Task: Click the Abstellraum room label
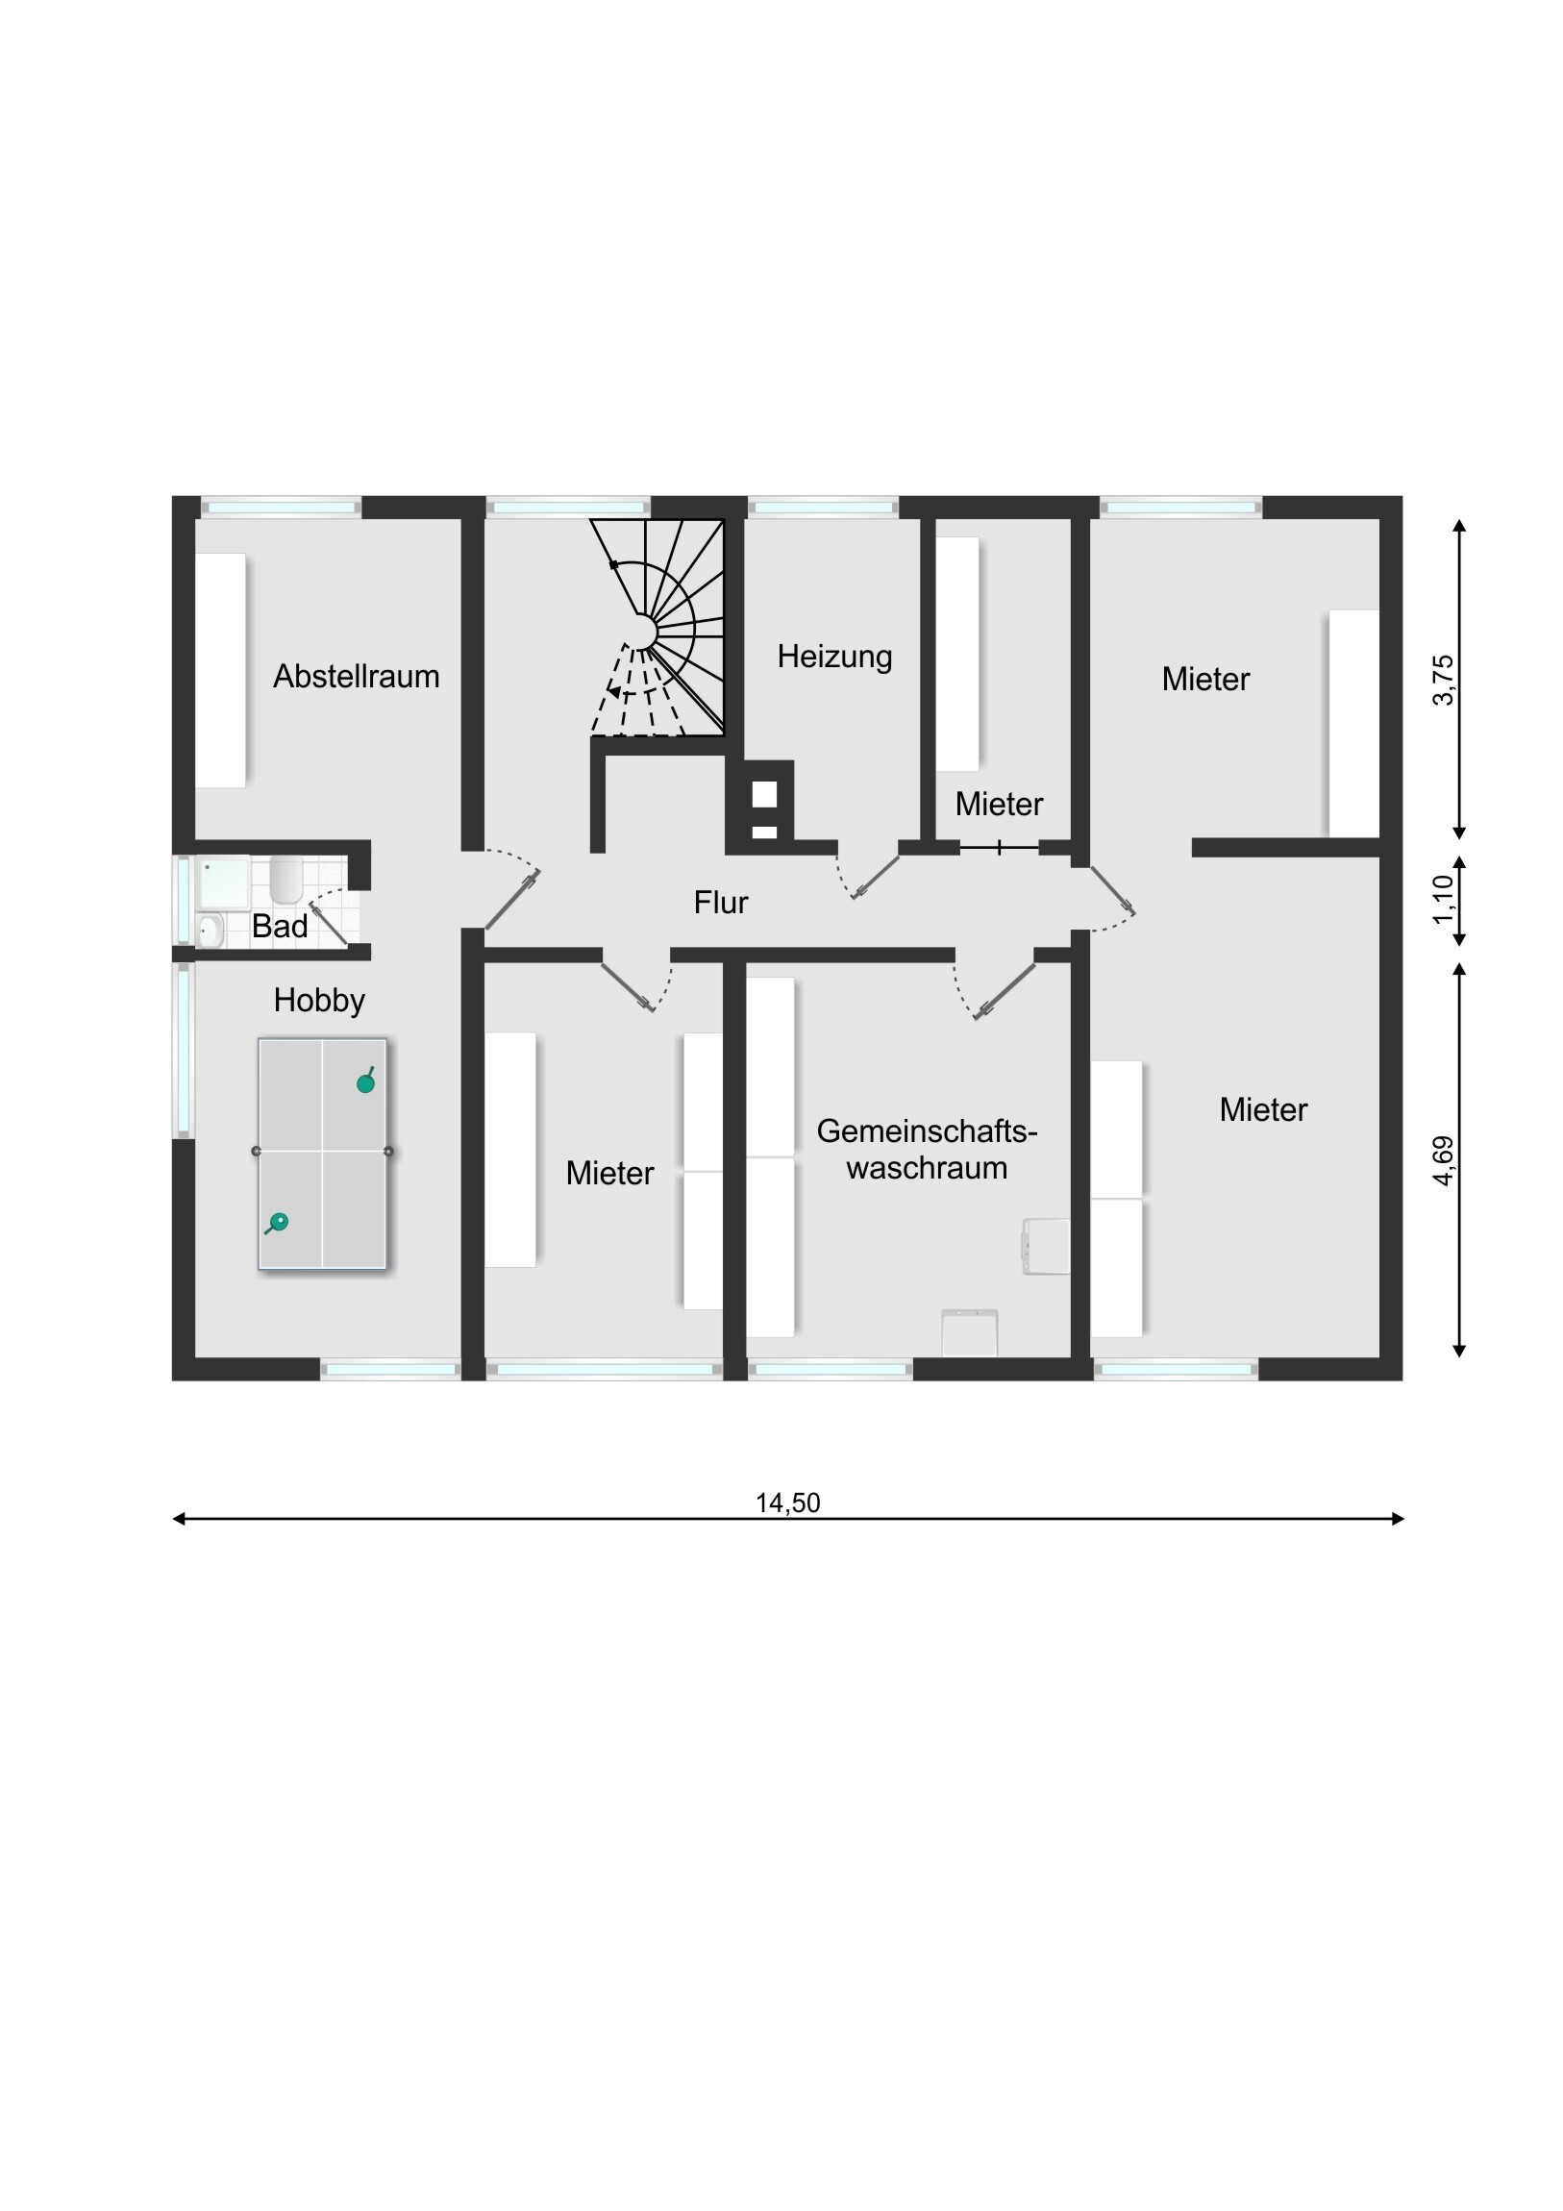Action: coord(357,676)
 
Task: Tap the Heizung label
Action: coord(835,657)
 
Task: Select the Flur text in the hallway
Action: coord(721,903)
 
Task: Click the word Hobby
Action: coord(319,1001)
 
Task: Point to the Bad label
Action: coord(280,927)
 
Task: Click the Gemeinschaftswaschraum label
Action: coord(928,1149)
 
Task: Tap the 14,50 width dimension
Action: coord(788,1503)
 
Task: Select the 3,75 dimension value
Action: coord(1443,680)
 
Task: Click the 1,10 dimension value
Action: coord(1443,900)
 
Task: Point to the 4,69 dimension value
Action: coord(1443,1160)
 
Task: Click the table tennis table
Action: coord(323,1154)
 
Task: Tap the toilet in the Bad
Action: coord(286,879)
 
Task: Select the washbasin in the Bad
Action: coord(210,931)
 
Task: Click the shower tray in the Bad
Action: coord(223,882)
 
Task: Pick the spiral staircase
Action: coord(657,628)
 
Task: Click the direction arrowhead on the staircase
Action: coord(613,691)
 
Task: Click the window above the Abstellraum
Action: coord(281,507)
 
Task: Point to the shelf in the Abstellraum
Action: coord(220,670)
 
